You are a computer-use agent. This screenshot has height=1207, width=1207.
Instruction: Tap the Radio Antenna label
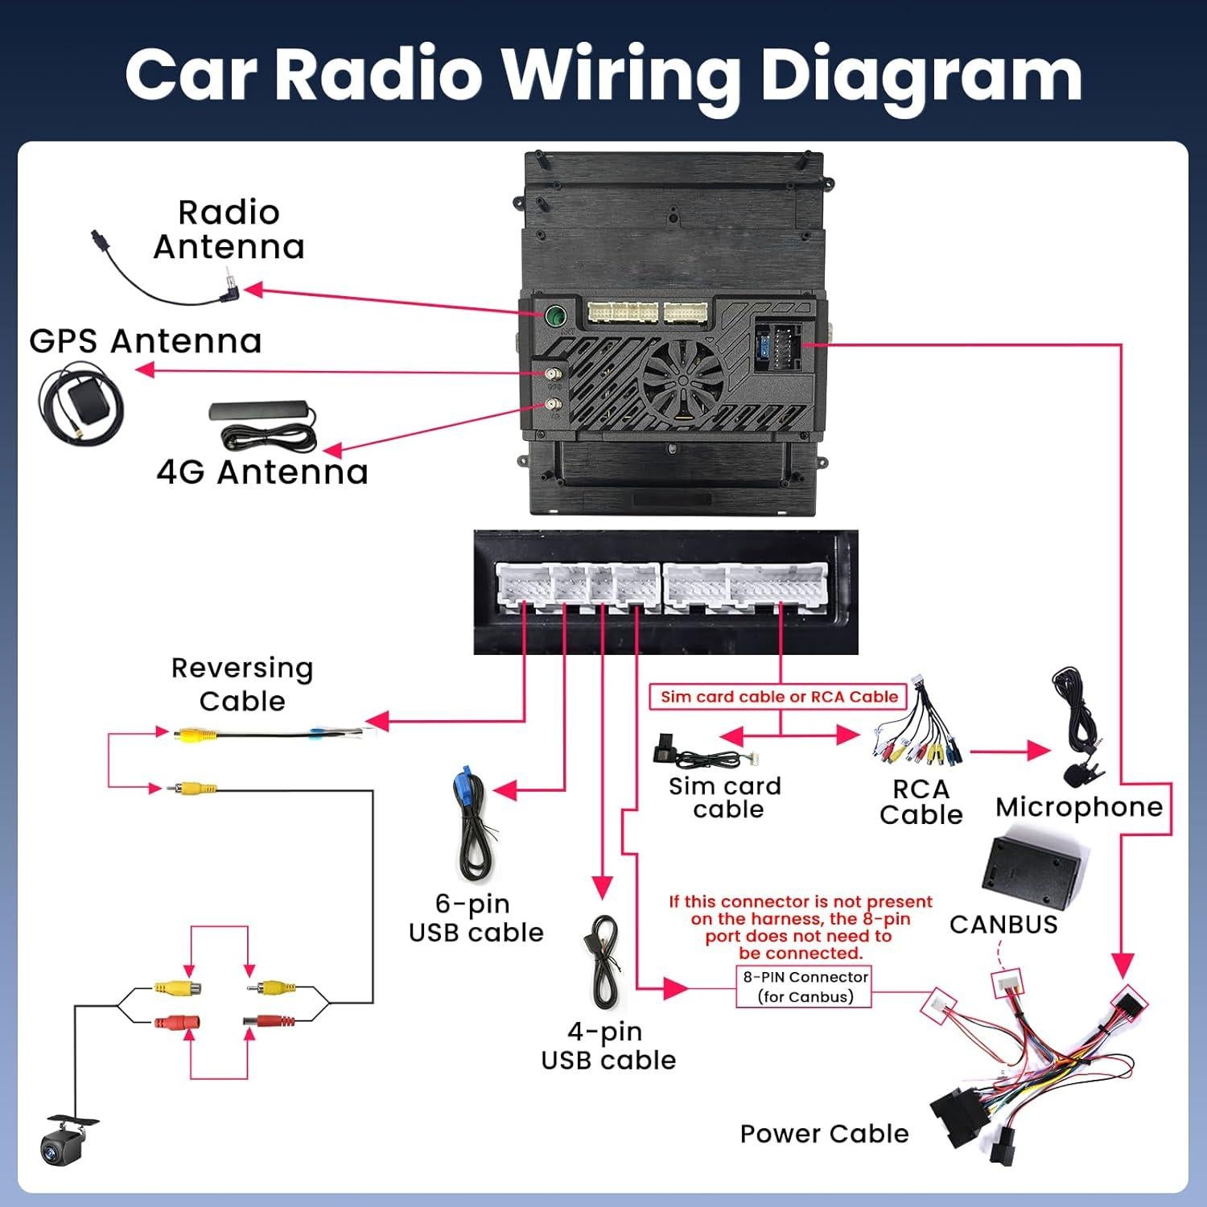229,230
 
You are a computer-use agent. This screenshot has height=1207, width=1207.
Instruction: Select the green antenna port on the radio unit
555,315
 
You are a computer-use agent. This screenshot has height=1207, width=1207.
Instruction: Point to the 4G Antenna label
262,472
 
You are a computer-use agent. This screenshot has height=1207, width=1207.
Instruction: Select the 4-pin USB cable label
608,1046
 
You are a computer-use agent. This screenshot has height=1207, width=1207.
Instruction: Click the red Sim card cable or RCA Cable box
779,697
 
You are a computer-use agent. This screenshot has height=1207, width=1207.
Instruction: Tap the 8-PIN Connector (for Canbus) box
805,987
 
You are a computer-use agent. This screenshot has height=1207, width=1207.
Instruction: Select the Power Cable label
824,1134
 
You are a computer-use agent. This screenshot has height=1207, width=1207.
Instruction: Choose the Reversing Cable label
242,684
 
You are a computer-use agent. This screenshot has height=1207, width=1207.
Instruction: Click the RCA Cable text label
921,802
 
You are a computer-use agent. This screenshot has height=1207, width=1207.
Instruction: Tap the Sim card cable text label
726,797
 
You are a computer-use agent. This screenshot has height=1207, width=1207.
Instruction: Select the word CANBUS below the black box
1003,925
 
